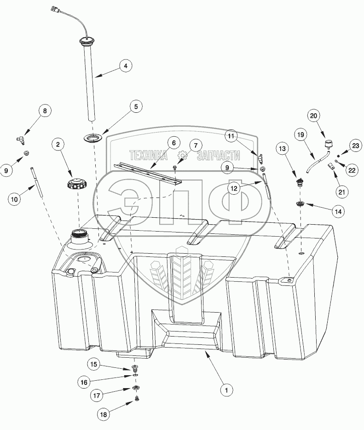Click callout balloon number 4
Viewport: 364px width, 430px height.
124,65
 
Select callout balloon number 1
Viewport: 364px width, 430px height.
225,390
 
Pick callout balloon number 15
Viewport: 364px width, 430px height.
107,365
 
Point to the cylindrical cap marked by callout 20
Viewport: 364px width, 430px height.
329,145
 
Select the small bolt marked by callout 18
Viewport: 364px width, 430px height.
137,400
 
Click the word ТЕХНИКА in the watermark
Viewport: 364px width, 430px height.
147,155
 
